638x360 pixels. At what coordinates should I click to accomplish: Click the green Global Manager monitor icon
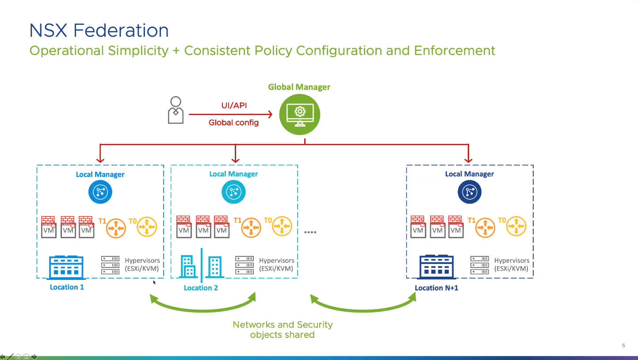coord(300,115)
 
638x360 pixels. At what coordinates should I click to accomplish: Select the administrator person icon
coord(176,110)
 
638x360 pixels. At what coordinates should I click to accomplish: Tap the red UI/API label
coord(234,106)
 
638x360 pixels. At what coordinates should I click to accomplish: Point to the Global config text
coord(233,123)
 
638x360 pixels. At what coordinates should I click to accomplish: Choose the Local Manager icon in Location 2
coord(233,192)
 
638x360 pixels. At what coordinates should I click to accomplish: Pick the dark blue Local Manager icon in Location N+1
coord(469,192)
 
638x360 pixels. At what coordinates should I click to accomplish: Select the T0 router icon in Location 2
coord(282,226)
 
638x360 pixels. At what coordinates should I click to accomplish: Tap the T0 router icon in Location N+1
coord(516,226)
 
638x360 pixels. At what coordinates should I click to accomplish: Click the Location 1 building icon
coord(66,267)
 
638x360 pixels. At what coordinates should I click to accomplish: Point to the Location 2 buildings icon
coord(201,266)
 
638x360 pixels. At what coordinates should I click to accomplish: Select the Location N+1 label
coord(436,288)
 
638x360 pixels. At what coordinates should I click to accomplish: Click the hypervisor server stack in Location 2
coord(245,265)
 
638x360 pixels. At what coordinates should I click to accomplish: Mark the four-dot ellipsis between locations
coord(310,232)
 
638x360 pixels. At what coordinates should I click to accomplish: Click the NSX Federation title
coord(99,31)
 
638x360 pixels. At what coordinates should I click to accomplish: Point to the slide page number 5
coord(623,345)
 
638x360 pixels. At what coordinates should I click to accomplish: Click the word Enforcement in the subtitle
coord(455,50)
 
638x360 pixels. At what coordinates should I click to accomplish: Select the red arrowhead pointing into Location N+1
coord(469,160)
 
